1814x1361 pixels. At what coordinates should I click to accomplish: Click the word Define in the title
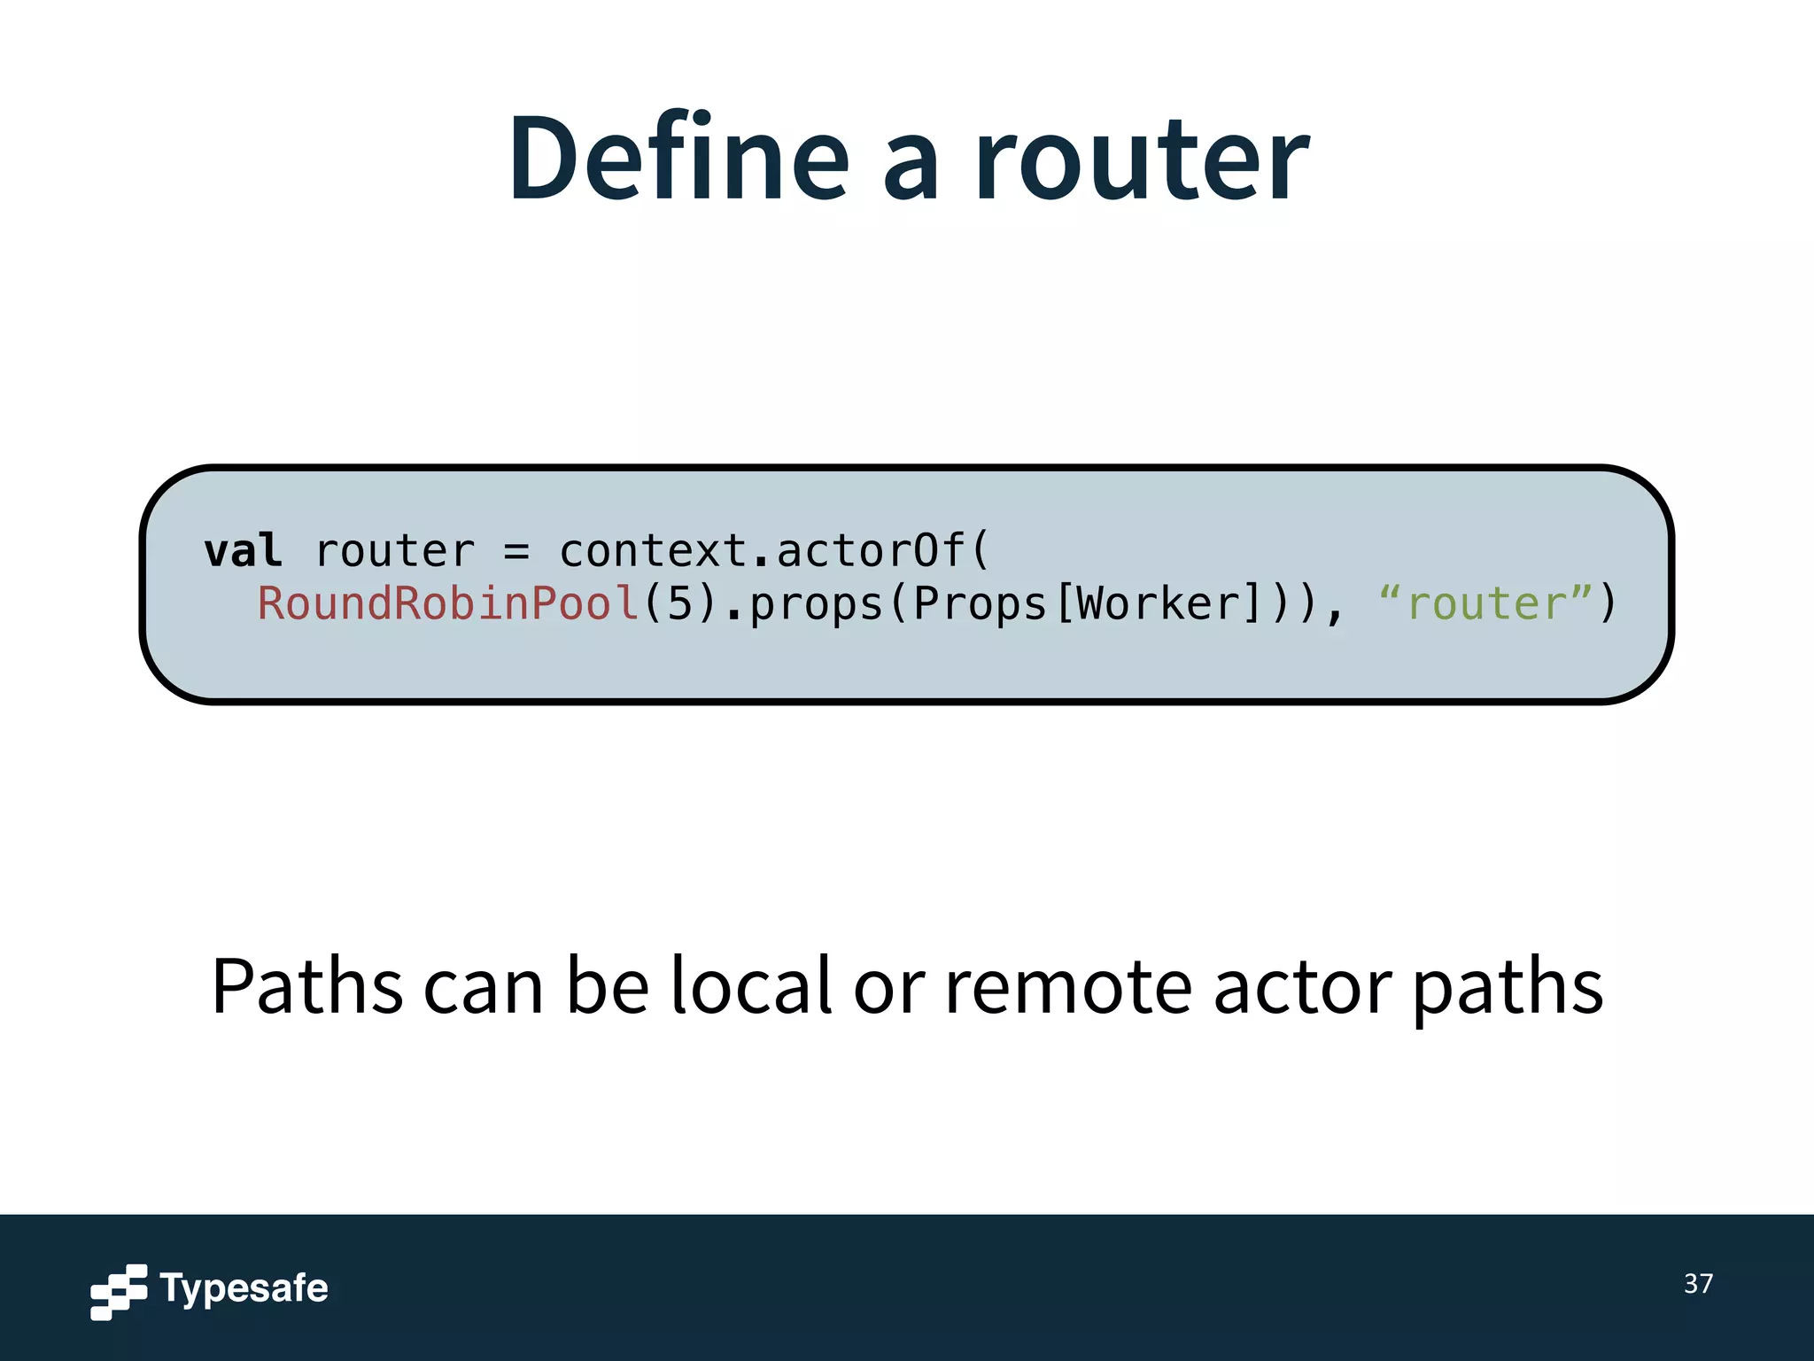[678, 159]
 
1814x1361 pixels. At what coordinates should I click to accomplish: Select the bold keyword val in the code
[243, 551]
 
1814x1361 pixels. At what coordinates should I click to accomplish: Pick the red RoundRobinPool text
[448, 604]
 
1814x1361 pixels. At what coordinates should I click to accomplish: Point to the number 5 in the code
[679, 604]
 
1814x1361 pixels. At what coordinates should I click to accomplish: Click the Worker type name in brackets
[1158, 604]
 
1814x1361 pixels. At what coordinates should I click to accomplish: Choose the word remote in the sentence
[1068, 988]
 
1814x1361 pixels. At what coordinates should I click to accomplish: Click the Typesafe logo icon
[119, 1291]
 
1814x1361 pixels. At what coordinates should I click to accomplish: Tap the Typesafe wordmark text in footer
[244, 1288]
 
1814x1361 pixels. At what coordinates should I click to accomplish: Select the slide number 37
[1698, 1284]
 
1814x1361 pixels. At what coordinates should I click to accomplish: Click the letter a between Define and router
[911, 168]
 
